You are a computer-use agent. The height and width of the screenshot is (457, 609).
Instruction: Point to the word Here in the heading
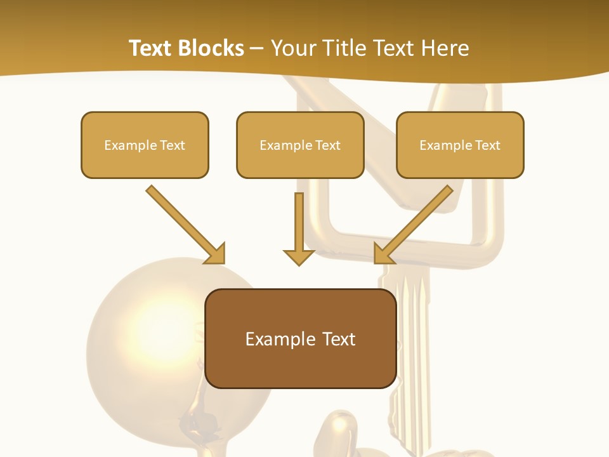coord(445,48)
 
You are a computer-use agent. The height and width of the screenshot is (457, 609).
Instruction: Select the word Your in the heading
coord(292,48)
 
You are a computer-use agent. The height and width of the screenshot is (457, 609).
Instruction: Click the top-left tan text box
coord(145,145)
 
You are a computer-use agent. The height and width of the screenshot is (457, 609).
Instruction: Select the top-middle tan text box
coord(300,145)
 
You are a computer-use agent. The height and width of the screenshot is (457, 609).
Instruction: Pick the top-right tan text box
coord(460,145)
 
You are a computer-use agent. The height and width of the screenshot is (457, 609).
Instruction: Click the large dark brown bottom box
coord(301,338)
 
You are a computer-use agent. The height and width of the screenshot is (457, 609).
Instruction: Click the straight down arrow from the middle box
coord(299,225)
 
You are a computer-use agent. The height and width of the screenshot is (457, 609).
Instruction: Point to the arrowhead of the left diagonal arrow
coord(216,254)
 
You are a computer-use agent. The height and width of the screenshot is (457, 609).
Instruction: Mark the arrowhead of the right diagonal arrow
coord(383,254)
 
